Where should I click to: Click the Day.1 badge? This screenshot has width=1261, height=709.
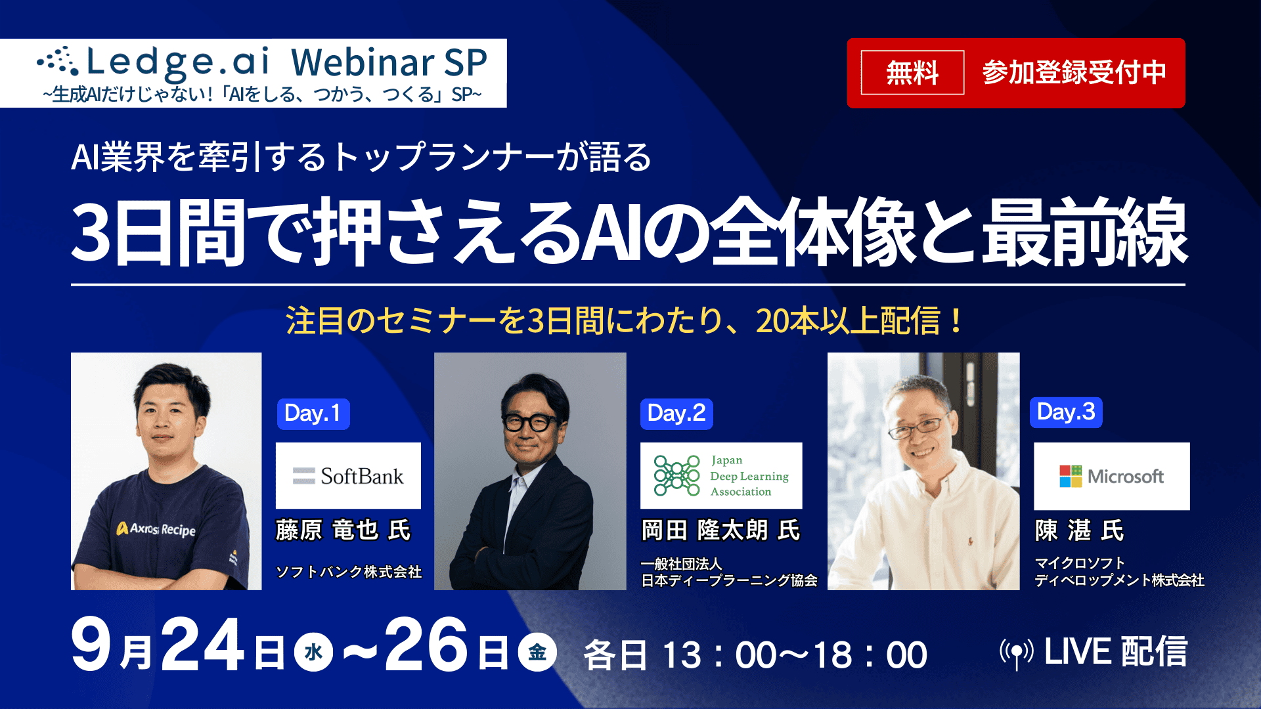(313, 414)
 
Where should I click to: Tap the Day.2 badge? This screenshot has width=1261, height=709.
(676, 414)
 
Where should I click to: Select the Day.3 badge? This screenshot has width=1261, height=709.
(1066, 412)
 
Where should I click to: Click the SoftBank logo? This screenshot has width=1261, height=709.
(348, 476)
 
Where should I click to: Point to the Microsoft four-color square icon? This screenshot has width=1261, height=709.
(1071, 476)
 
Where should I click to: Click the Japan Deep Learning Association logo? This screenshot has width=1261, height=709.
(721, 476)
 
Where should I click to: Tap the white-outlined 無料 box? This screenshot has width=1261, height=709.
(912, 72)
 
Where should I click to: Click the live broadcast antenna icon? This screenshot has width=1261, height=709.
(1017, 653)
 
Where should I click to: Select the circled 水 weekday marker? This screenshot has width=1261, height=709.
(314, 652)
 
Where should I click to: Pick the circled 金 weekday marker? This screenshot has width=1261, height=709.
(537, 652)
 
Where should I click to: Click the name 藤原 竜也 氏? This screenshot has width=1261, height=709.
(343, 530)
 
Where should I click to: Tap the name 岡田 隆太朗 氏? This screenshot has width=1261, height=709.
(720, 530)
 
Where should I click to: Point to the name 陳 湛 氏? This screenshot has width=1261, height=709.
(1079, 530)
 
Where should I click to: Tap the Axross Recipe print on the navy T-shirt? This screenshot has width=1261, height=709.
(156, 528)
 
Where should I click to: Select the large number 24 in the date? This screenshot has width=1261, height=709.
(203, 645)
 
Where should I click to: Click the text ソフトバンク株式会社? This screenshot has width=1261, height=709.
(349, 572)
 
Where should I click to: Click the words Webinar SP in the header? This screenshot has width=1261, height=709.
(389, 63)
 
